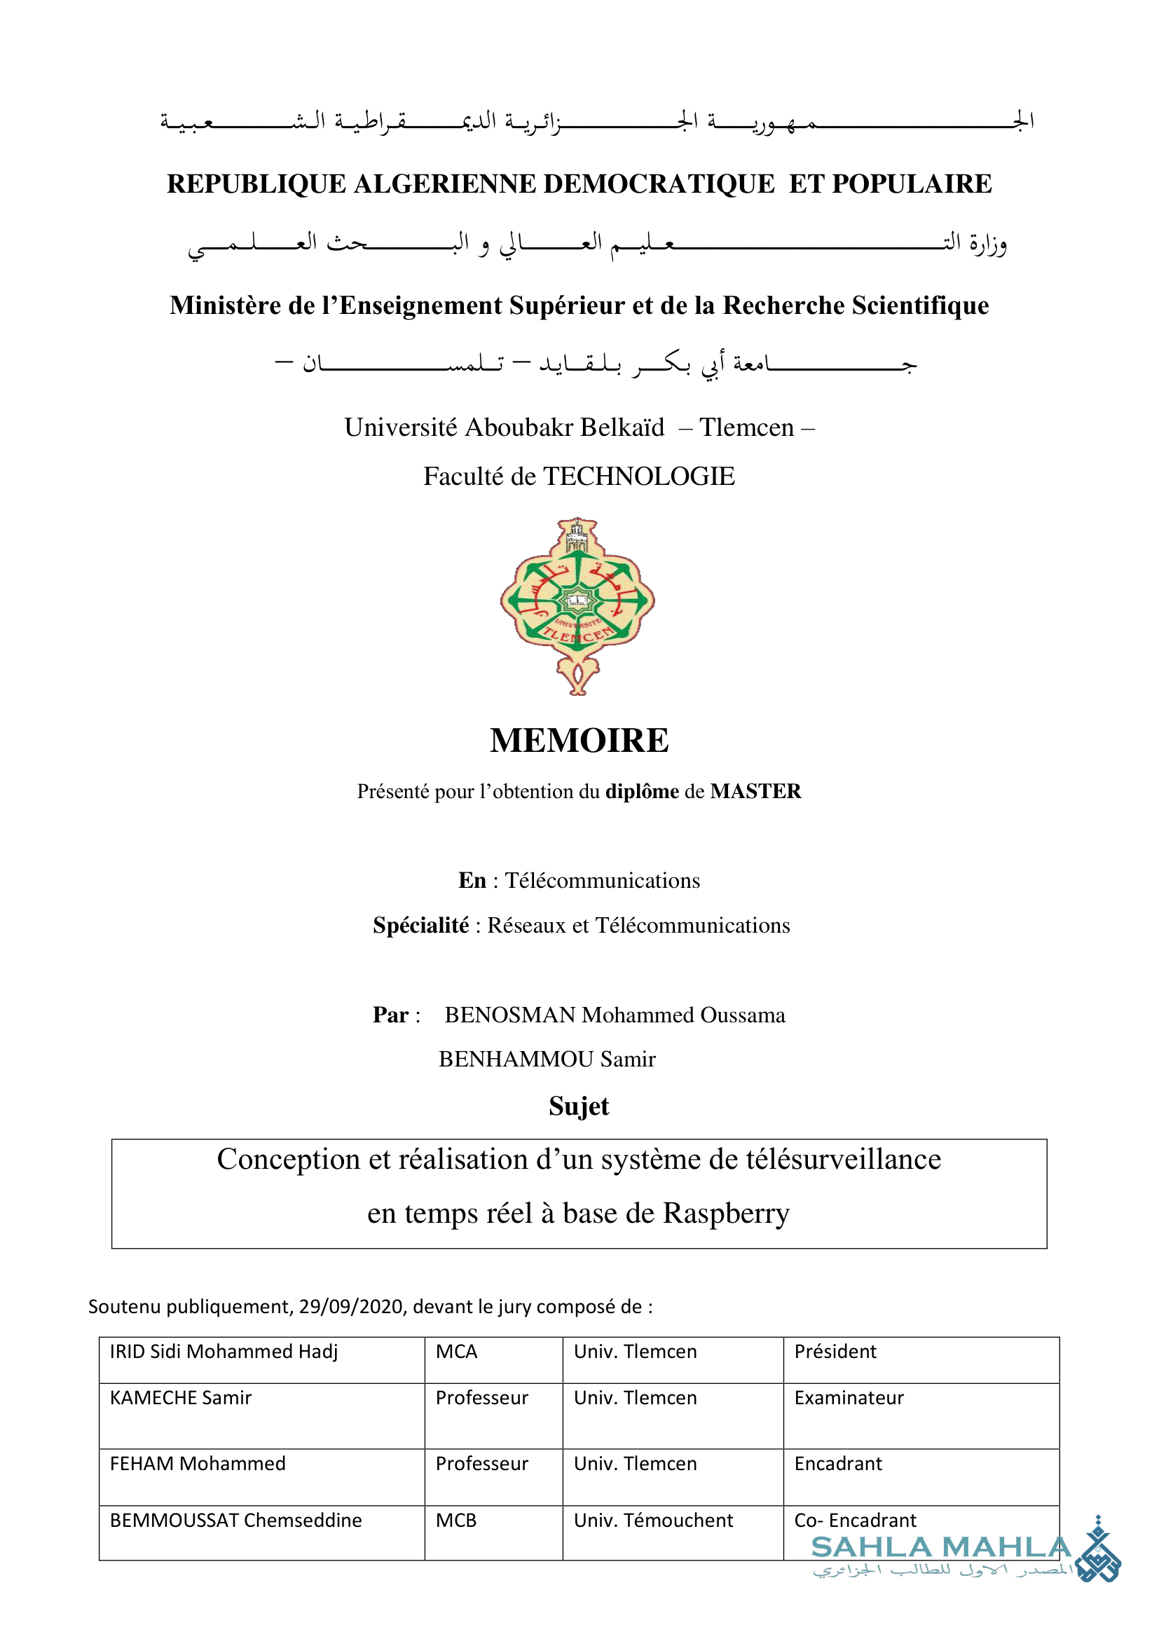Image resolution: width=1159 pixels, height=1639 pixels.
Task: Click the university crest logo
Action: (x=578, y=606)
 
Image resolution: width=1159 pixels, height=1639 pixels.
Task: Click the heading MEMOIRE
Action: (x=579, y=740)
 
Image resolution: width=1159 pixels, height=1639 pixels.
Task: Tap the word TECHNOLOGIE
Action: (x=639, y=476)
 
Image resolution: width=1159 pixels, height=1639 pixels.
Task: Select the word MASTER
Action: (x=756, y=791)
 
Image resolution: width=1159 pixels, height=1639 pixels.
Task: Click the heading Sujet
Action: (x=579, y=1106)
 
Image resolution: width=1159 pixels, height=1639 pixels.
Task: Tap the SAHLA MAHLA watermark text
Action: (x=940, y=1548)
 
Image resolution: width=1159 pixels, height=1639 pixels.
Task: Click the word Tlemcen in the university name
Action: (x=746, y=427)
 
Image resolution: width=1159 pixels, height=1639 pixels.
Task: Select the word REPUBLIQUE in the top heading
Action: (x=256, y=184)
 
